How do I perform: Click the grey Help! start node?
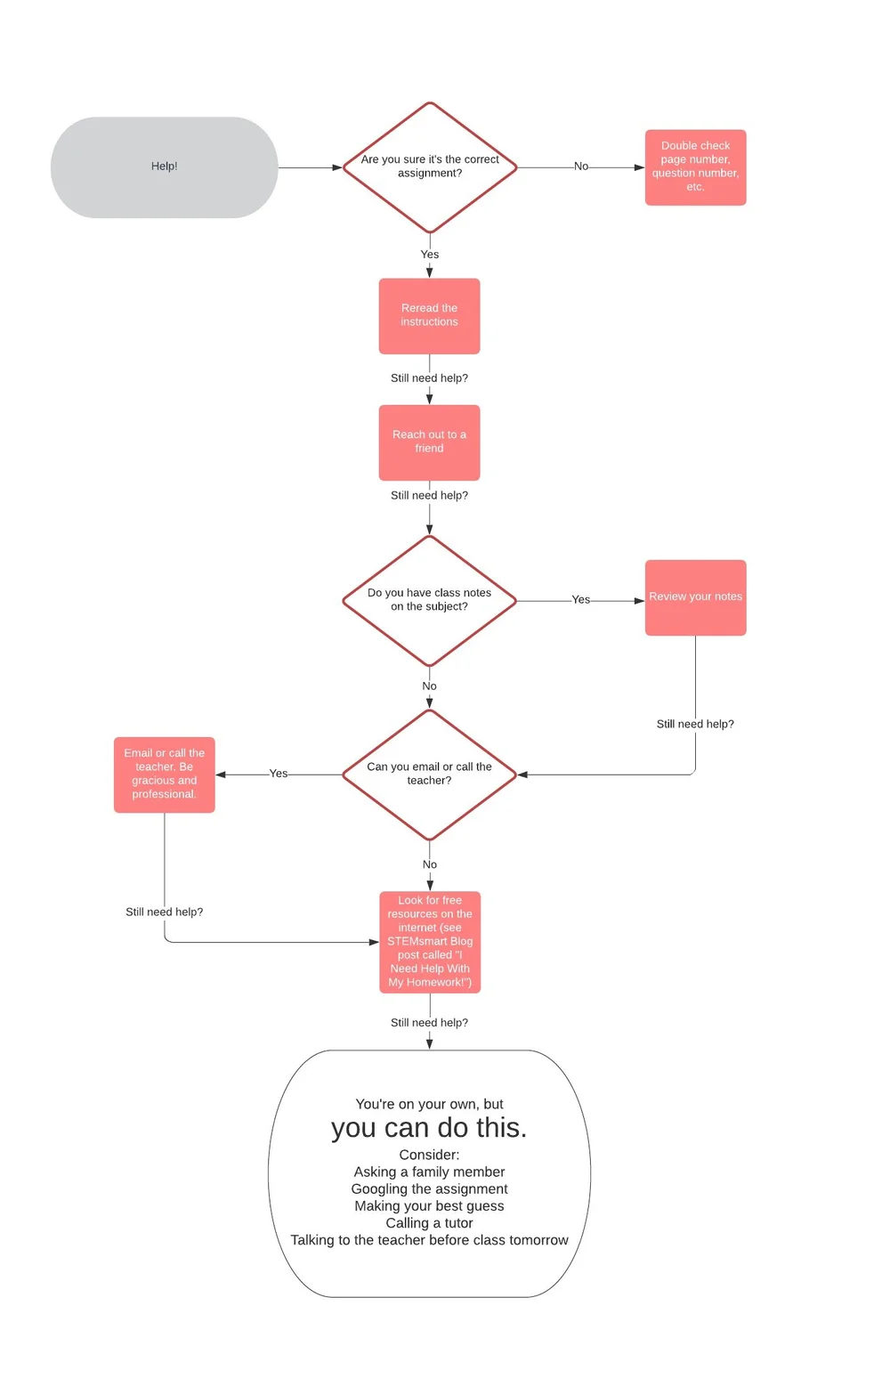point(164,167)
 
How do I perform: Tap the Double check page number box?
point(695,167)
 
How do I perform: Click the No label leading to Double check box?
point(581,166)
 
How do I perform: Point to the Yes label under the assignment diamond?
point(430,255)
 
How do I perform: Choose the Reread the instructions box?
point(429,316)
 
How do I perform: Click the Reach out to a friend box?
point(429,442)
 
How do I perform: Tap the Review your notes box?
point(695,597)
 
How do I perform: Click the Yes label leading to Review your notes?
point(581,600)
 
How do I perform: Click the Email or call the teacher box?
point(165,775)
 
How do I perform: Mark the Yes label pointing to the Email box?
point(279,774)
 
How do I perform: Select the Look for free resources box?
point(430,942)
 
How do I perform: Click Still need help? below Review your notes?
point(695,724)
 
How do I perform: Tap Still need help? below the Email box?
point(165,912)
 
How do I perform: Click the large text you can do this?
point(429,1128)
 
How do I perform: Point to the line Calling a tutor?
point(429,1223)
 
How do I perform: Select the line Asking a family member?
point(429,1172)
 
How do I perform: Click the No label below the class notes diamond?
point(429,686)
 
